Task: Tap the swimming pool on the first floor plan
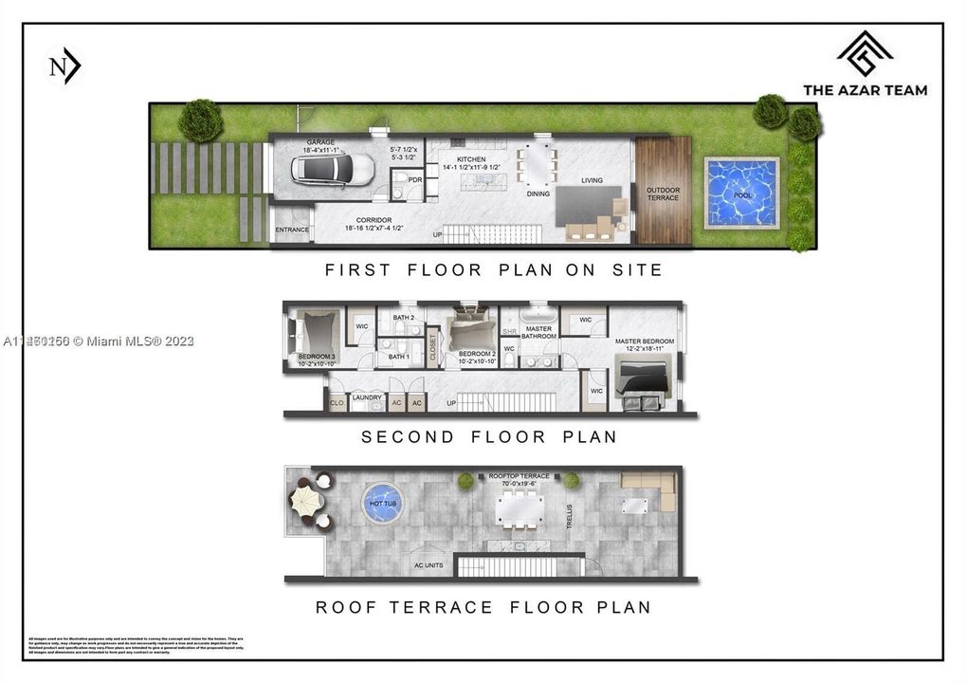(741, 193)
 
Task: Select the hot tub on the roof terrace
(382, 504)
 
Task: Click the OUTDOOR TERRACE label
(663, 194)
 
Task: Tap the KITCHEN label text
(471, 159)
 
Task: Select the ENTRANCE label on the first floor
(291, 231)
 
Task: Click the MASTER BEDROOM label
(644, 341)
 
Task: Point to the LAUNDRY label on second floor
(367, 397)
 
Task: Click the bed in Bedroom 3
(314, 334)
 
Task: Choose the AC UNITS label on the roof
(429, 565)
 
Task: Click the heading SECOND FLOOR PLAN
(488, 437)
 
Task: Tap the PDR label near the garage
(414, 179)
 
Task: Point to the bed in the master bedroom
(646, 376)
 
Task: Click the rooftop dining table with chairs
(519, 510)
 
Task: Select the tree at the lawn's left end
(200, 120)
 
